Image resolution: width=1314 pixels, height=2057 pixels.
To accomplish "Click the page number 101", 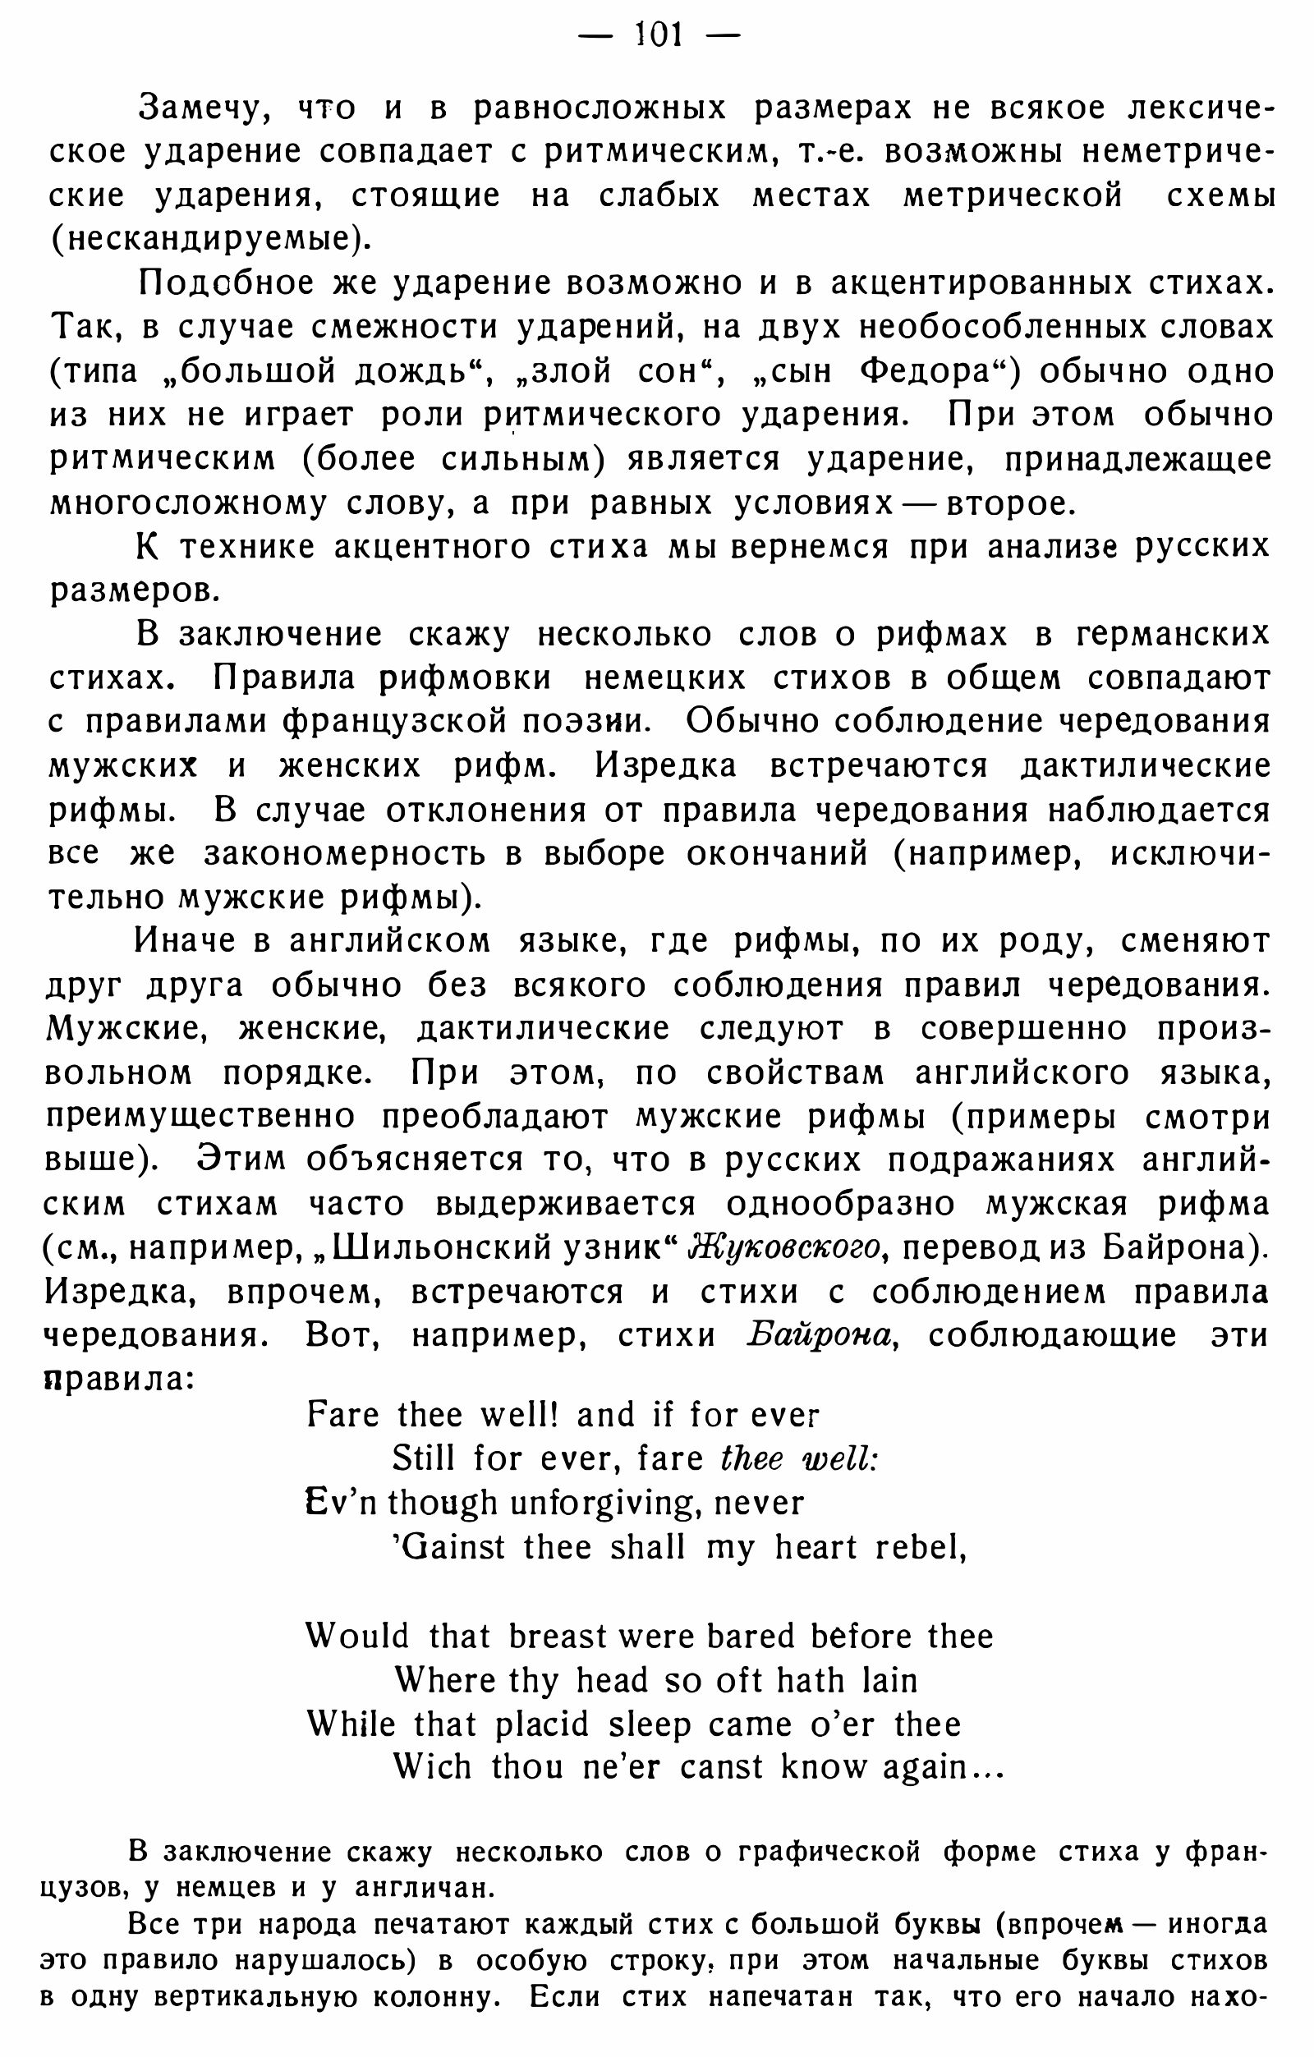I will (x=658, y=35).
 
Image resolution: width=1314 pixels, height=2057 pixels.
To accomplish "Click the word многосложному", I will (x=187, y=503).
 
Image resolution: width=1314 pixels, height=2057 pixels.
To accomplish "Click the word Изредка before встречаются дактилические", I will (x=665, y=765).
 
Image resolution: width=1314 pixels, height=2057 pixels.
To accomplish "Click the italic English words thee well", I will (x=799, y=1459).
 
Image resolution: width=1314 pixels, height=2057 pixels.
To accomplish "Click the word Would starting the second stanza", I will (x=358, y=1636).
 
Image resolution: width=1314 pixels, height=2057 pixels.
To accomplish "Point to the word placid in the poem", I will (x=543, y=1724).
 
